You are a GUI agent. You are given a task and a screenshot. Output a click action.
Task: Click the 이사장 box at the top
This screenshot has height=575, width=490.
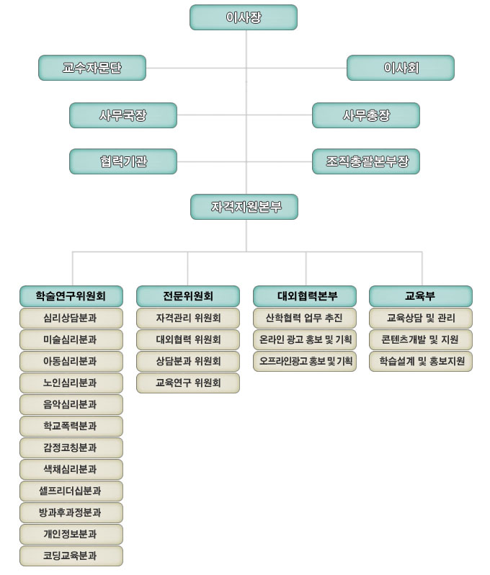[244, 17]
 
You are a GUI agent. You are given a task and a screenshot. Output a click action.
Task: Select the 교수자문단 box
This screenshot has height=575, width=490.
[92, 68]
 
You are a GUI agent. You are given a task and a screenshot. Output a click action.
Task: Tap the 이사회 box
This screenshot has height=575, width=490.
[401, 68]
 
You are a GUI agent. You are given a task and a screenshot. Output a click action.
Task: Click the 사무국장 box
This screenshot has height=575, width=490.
[123, 115]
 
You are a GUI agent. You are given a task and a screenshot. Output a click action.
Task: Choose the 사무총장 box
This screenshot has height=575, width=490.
[366, 115]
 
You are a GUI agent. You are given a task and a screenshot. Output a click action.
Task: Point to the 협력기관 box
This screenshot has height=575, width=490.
[123, 161]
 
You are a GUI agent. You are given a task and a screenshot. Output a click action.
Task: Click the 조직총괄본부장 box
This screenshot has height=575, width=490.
[366, 161]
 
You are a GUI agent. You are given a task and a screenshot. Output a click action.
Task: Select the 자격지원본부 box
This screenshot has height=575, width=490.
[244, 207]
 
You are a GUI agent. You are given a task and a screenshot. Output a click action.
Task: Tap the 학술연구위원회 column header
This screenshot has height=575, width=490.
[71, 295]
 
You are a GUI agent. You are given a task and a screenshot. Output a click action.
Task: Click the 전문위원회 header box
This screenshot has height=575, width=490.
[188, 295]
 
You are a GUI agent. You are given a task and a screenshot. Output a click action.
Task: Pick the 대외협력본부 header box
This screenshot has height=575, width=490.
[306, 295]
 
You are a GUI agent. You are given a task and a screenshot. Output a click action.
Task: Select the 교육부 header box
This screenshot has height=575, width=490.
[421, 295]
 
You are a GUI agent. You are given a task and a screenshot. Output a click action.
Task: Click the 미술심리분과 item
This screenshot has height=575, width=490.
[71, 339]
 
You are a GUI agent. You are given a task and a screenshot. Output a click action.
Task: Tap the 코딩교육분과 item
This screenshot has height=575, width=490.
[71, 556]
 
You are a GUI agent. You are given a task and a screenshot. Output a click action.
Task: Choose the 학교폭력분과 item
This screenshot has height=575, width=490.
[71, 426]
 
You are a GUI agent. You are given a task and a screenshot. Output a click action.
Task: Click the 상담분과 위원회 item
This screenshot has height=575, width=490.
[188, 361]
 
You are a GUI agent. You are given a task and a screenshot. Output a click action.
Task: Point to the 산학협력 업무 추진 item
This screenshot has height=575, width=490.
[306, 318]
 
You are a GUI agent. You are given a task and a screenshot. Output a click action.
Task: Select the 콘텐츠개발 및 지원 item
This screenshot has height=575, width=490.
[421, 339]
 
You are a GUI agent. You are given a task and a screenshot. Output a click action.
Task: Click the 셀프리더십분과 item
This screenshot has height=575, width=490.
[71, 491]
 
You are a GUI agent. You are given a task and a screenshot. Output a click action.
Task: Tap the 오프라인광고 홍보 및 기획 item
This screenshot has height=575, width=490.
[306, 361]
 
